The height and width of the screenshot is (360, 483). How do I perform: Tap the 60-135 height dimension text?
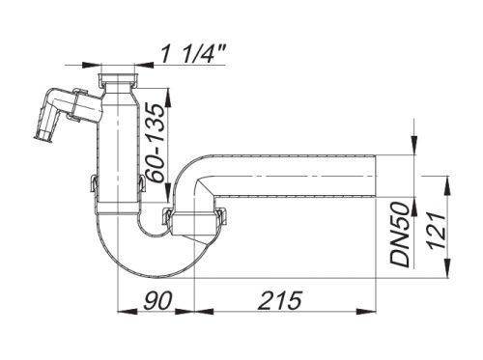click(x=155, y=143)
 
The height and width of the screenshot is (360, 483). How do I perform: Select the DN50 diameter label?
click(x=400, y=235)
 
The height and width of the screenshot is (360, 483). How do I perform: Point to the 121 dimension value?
click(x=437, y=230)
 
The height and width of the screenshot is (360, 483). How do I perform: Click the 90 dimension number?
click(x=157, y=300)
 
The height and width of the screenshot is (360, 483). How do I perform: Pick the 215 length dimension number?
click(x=280, y=300)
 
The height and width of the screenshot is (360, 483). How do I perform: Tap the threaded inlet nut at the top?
click(x=119, y=80)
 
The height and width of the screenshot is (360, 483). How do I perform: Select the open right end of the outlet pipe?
click(x=376, y=176)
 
